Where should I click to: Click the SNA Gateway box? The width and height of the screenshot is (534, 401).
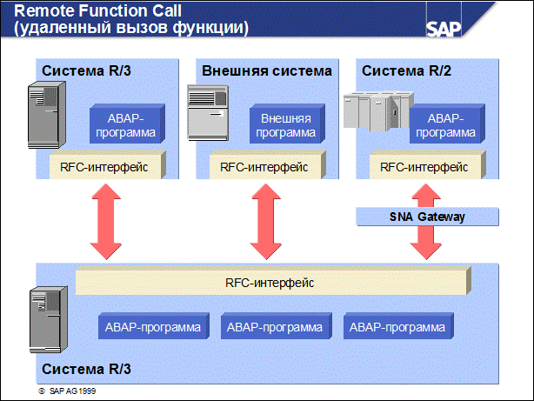coord(428,217)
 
